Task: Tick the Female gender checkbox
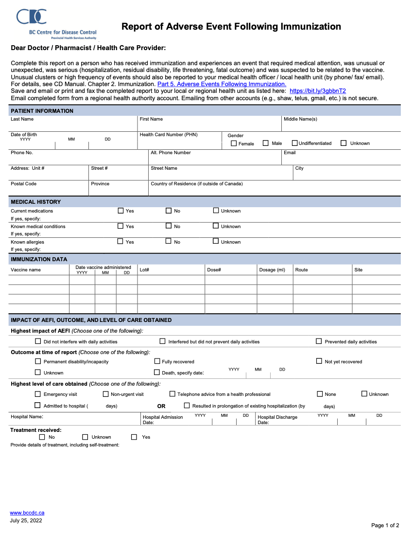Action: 234,143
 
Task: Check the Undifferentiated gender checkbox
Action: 294,143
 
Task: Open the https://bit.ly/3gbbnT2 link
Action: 317,91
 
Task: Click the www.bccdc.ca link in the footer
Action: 27,513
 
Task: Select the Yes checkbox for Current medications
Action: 120,211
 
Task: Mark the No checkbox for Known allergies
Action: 169,241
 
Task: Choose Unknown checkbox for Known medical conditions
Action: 216,226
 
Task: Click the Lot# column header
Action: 144,270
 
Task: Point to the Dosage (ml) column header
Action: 272,270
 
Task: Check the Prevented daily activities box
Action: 319,341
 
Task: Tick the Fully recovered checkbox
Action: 157,361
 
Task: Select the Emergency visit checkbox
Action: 38,394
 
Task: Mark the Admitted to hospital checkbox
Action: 38,406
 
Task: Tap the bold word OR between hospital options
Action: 161,406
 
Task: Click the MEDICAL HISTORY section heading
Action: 36,202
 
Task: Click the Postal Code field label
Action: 24,184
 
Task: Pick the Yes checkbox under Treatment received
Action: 134,437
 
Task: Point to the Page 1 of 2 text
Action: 385,525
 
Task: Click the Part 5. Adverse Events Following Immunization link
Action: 222,84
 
